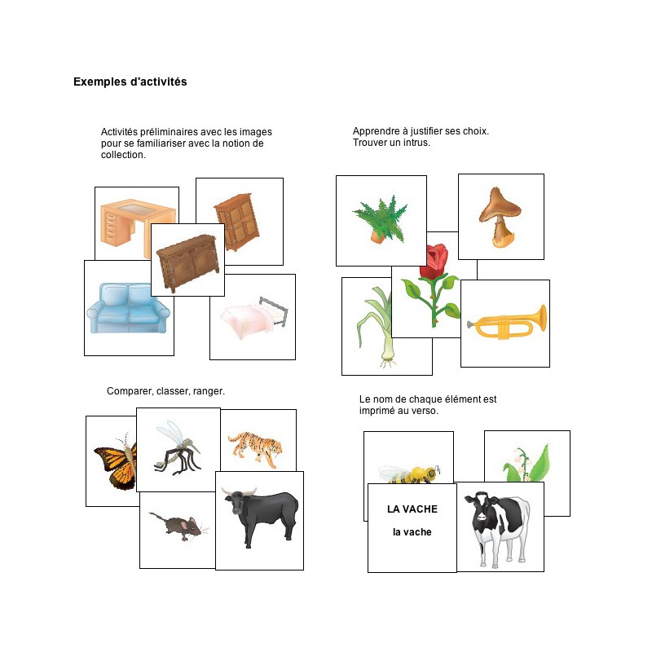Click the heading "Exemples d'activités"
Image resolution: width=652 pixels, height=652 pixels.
point(130,81)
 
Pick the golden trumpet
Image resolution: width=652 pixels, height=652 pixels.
point(506,323)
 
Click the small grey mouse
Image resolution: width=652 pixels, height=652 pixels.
point(178,527)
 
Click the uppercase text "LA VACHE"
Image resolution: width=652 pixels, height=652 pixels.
point(412,509)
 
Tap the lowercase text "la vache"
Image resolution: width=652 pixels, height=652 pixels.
point(412,532)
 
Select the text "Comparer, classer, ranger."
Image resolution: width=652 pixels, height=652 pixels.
point(165,391)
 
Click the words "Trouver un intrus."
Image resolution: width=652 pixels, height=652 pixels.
point(391,143)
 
